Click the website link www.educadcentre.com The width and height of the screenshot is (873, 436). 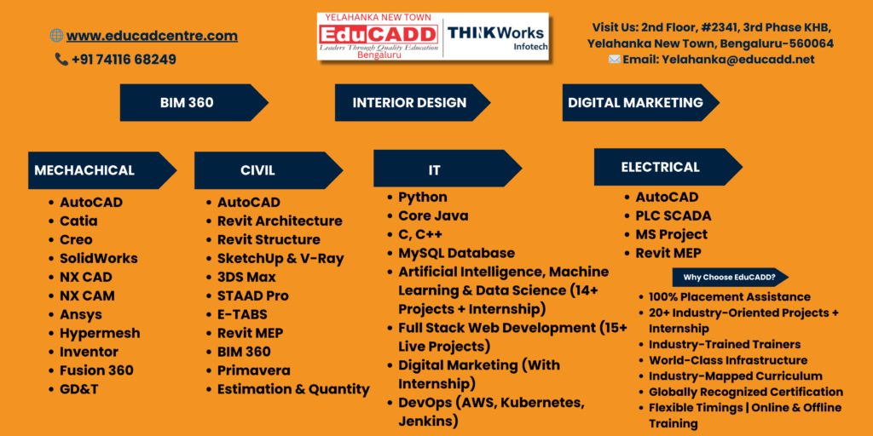(152, 36)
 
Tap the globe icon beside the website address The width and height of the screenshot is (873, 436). (56, 36)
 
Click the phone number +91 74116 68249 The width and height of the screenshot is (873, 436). (124, 60)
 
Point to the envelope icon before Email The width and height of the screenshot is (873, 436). (614, 60)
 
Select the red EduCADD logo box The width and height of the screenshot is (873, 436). (378, 34)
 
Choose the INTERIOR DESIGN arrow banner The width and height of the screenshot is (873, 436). (412, 102)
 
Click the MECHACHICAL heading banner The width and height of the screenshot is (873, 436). (102, 170)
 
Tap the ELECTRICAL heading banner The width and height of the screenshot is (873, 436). (668, 167)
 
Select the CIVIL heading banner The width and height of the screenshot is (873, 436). (269, 170)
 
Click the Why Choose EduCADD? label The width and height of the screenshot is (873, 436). (731, 277)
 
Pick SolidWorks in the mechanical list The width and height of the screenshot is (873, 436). (99, 259)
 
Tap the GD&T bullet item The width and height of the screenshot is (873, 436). (79, 389)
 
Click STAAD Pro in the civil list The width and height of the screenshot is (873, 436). (252, 295)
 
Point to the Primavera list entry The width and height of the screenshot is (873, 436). (253, 370)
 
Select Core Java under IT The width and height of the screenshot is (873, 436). (433, 215)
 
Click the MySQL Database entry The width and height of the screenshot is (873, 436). (457, 254)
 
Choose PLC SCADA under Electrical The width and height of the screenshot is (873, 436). (674, 215)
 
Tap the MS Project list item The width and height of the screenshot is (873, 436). (672, 235)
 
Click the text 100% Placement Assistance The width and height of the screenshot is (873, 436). (730, 297)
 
